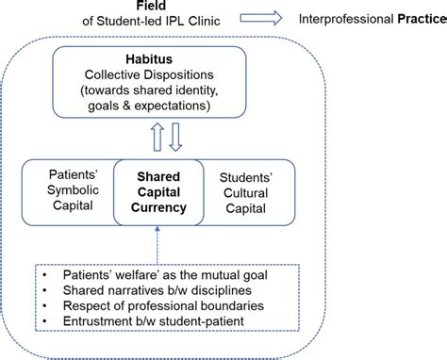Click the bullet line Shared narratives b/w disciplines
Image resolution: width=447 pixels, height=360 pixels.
coord(156,291)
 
